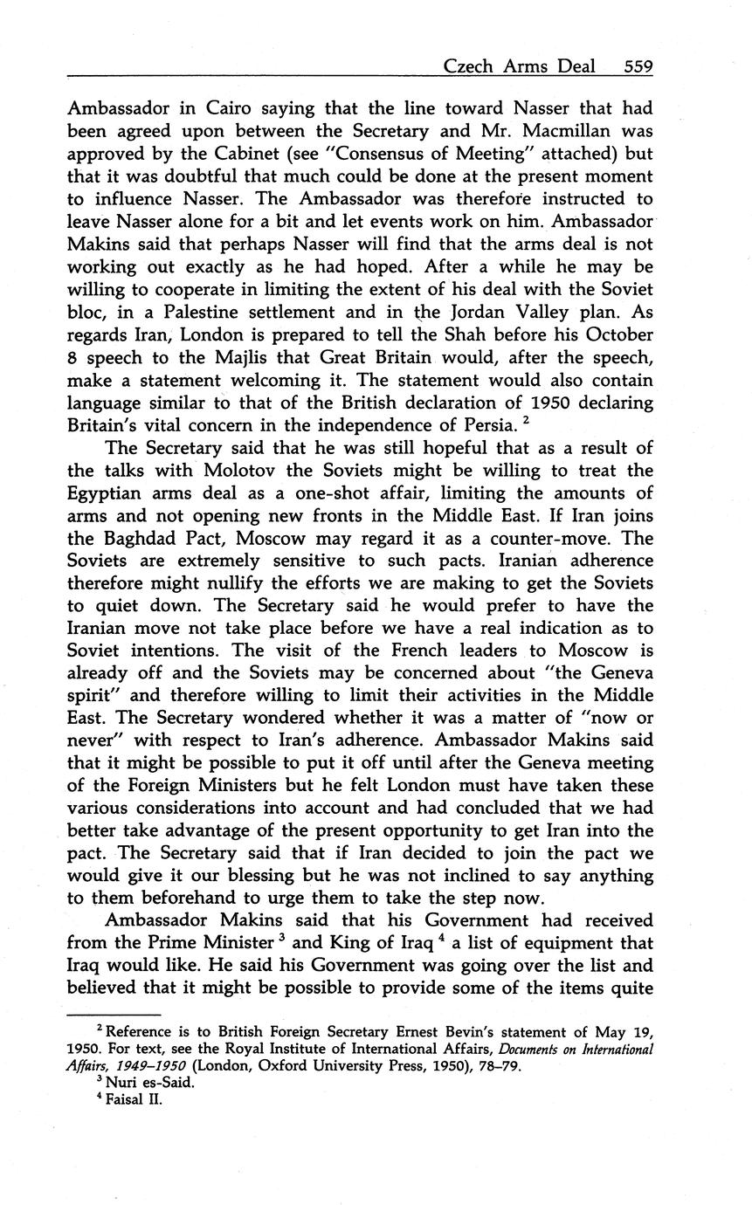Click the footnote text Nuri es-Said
tap(140, 1084)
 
